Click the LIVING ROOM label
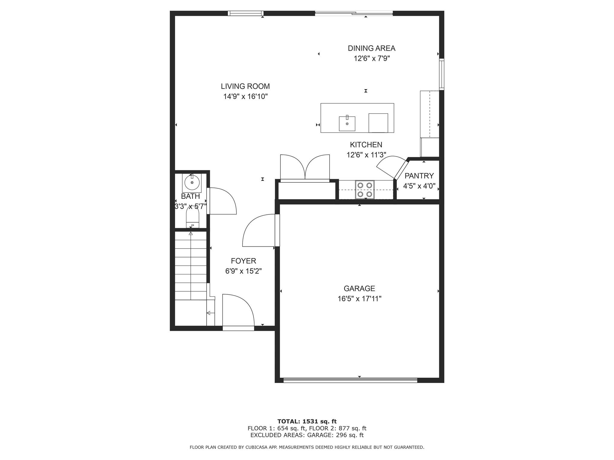click(x=245, y=86)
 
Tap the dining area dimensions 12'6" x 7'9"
click(x=371, y=58)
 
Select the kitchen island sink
click(x=347, y=124)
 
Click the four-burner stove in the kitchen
click(x=365, y=190)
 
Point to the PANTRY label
click(x=419, y=176)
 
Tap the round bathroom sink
click(x=192, y=182)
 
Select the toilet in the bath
click(x=192, y=217)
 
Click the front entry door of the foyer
click(x=238, y=311)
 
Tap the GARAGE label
click(x=359, y=288)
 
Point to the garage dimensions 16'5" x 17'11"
click(x=359, y=299)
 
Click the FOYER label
click(x=243, y=261)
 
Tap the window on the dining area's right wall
click(x=441, y=74)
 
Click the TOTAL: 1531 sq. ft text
click(x=307, y=421)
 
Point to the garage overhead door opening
click(x=350, y=380)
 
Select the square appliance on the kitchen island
click(x=378, y=123)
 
